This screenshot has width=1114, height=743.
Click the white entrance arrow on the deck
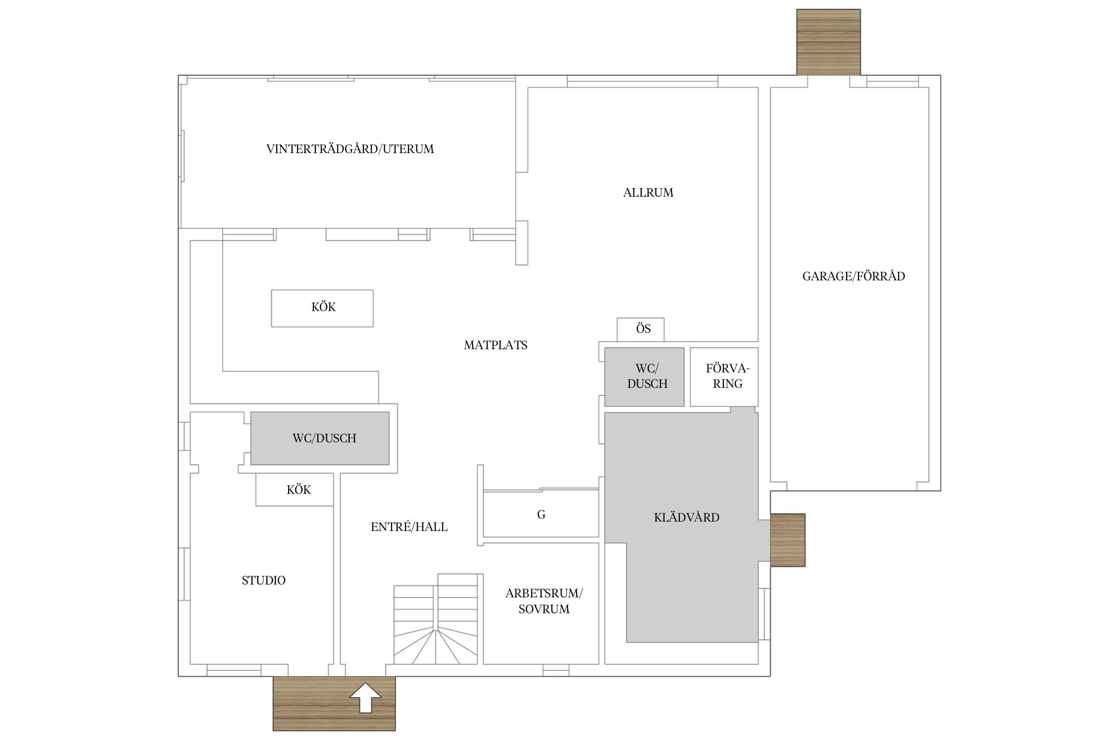(365, 698)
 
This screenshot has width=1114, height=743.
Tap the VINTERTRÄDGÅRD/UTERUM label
(350, 149)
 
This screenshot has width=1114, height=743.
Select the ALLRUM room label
(648, 193)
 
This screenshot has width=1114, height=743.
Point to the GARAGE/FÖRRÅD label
(854, 276)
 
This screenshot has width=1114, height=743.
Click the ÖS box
(641, 329)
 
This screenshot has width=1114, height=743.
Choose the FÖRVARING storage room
(724, 377)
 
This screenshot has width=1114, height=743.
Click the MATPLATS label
(496, 345)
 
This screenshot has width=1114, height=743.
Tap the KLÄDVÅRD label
(686, 518)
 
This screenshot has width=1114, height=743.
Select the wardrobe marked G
(541, 514)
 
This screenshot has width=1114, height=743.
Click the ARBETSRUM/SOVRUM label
(544, 601)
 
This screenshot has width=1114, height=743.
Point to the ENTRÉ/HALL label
(409, 527)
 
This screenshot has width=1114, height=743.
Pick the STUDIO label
(263, 581)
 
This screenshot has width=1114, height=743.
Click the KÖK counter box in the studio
(295, 489)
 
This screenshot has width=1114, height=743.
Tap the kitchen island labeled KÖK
(322, 308)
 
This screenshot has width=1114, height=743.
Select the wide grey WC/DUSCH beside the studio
(320, 438)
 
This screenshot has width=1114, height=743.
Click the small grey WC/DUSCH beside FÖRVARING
(644, 377)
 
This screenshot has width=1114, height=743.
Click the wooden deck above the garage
(828, 42)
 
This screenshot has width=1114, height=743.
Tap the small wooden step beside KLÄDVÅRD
(788, 540)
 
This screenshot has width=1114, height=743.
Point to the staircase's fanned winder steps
(436, 646)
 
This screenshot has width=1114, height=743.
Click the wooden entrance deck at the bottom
(334, 703)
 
